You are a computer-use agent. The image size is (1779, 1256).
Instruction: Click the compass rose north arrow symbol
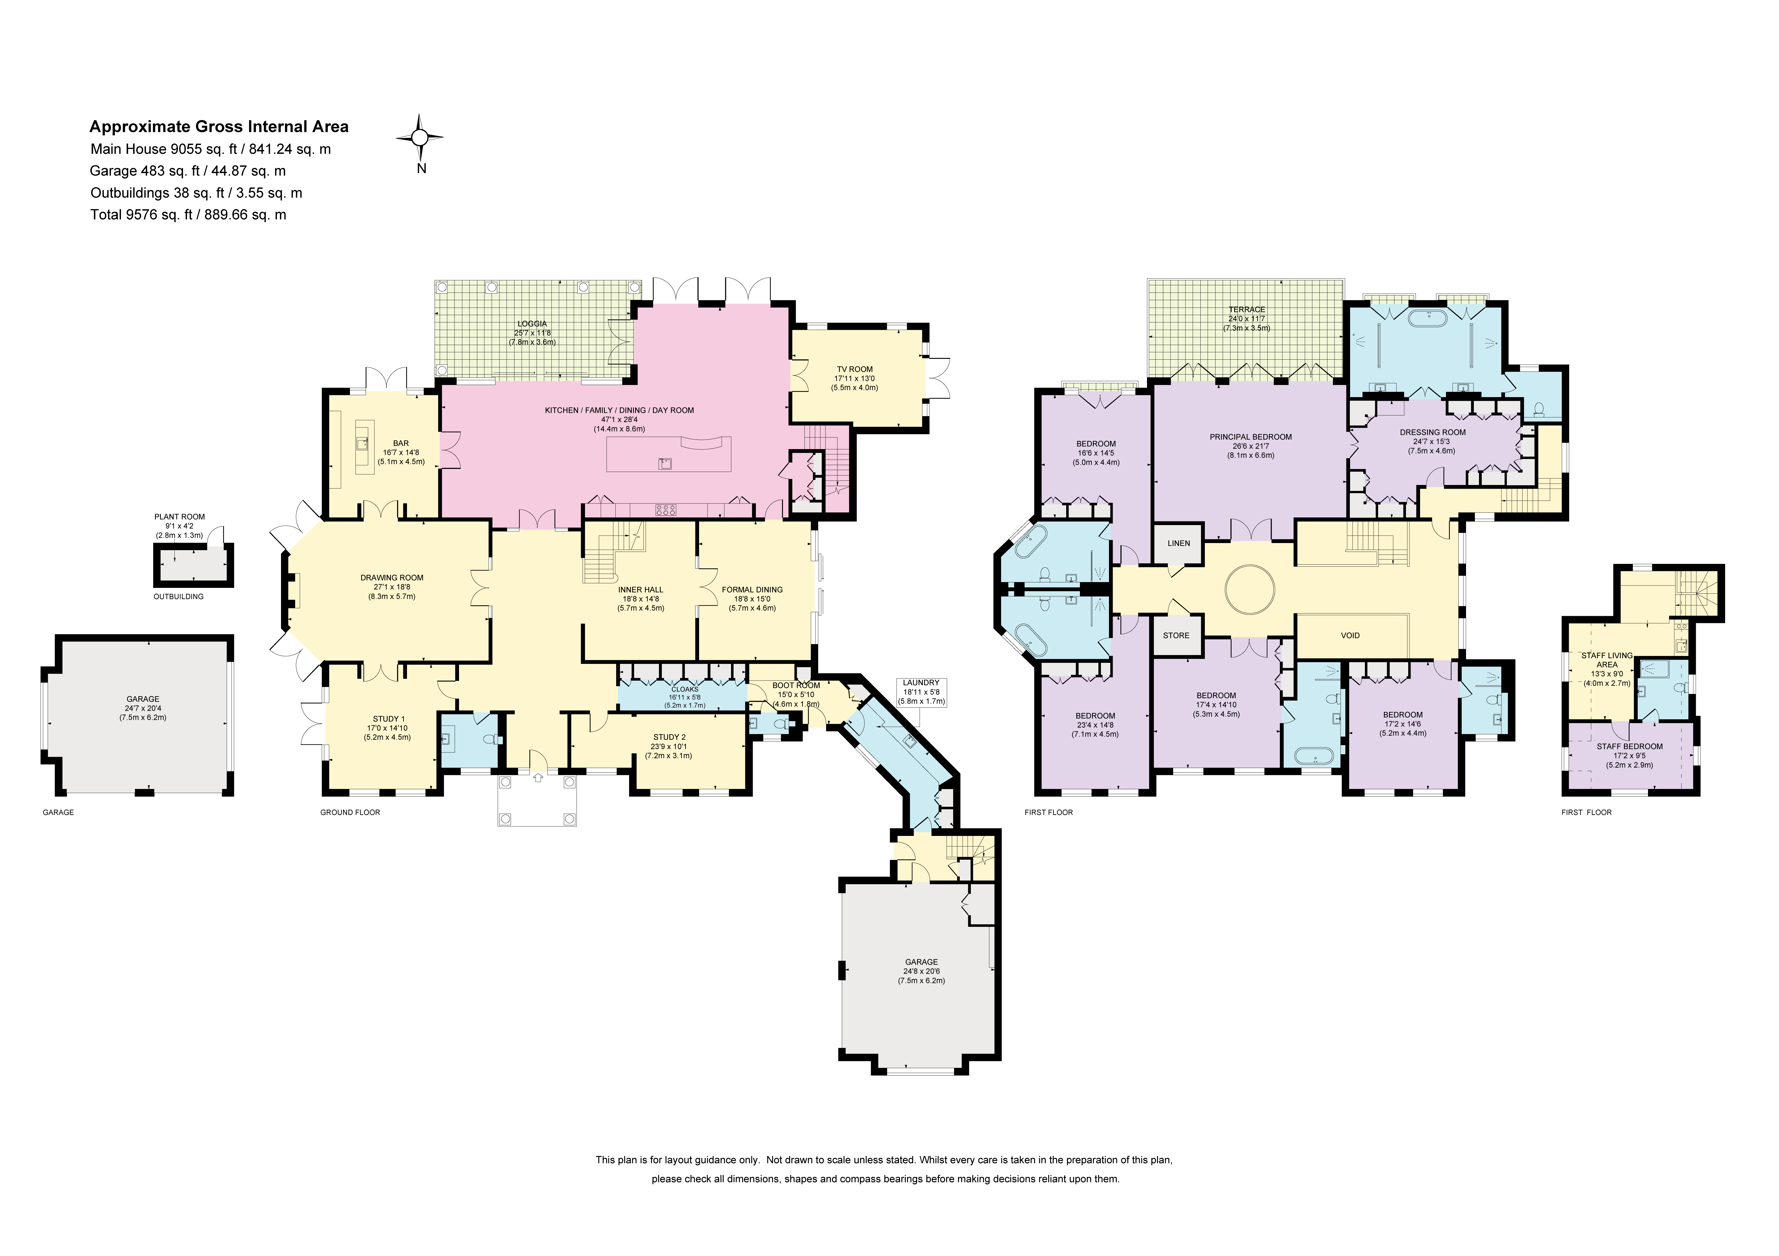coord(420,138)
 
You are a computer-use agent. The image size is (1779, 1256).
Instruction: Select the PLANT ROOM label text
coord(180,516)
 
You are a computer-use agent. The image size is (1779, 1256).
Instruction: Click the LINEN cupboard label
coord(1178,543)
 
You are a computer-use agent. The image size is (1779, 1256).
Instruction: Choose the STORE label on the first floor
coord(1176,635)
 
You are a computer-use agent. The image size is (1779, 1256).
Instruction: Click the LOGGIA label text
coord(532,324)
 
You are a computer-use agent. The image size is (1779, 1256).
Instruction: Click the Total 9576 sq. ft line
coord(188,215)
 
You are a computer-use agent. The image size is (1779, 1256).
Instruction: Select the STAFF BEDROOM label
coord(1630,746)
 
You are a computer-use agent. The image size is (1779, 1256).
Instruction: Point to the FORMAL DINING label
coord(752,589)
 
